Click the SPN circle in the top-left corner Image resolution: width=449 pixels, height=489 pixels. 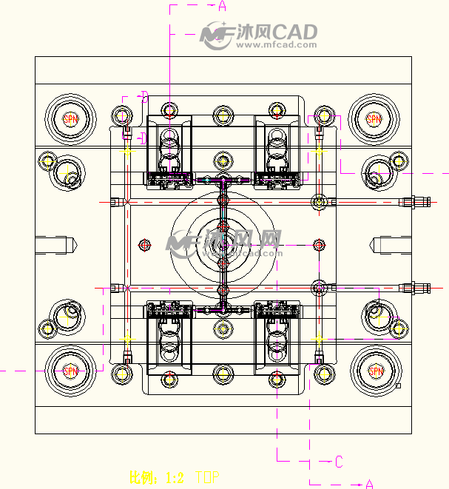tap(70, 118)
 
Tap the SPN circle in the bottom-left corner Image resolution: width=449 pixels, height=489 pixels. tap(70, 371)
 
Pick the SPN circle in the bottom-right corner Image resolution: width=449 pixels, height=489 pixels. tap(376, 371)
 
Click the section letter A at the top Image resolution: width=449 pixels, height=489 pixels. tap(222, 7)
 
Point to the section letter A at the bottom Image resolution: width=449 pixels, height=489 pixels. tap(369, 484)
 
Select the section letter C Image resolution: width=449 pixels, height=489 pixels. tap(339, 462)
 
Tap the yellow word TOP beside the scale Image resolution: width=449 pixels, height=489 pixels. tap(207, 478)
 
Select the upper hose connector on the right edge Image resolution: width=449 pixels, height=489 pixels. tap(418, 202)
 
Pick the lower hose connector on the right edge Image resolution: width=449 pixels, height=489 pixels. tap(418, 287)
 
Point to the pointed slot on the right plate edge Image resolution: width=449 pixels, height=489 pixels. tap(390, 243)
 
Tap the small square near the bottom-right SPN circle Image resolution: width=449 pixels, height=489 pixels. tap(399, 385)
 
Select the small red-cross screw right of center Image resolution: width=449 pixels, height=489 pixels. tap(319, 244)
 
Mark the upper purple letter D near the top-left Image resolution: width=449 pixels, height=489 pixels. tap(144, 96)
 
